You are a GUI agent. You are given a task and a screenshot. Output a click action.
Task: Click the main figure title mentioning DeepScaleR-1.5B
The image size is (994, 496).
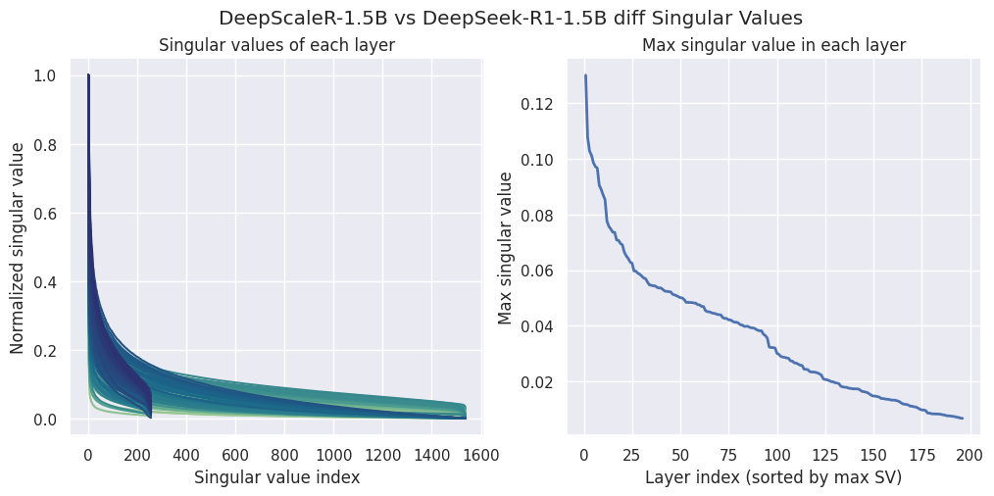[x=496, y=18]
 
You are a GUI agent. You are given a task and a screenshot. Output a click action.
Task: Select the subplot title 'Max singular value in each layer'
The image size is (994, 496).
[x=773, y=45]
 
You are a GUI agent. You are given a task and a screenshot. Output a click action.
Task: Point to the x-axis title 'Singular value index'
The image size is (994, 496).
[x=275, y=477]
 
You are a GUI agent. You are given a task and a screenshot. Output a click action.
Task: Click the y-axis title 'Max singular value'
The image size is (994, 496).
[x=506, y=247]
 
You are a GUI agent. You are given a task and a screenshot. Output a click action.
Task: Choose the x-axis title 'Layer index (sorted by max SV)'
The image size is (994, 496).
[x=773, y=477]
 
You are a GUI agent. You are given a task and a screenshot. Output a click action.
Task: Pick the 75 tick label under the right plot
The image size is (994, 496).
[x=728, y=455]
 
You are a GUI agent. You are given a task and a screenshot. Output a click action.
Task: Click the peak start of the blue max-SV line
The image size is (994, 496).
[x=585, y=75]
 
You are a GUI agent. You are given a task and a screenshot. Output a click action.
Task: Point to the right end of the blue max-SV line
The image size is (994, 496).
[x=963, y=419]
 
